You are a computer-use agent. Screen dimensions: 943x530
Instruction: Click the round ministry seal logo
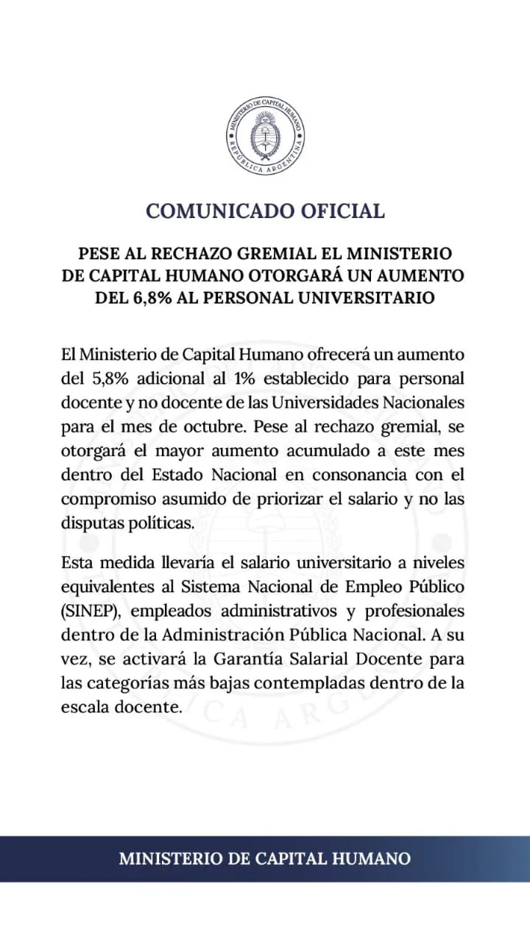click(265, 136)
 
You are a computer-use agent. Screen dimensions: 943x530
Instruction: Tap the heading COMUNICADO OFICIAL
click(265, 211)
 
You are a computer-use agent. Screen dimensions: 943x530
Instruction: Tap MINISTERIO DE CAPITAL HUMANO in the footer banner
click(265, 858)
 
